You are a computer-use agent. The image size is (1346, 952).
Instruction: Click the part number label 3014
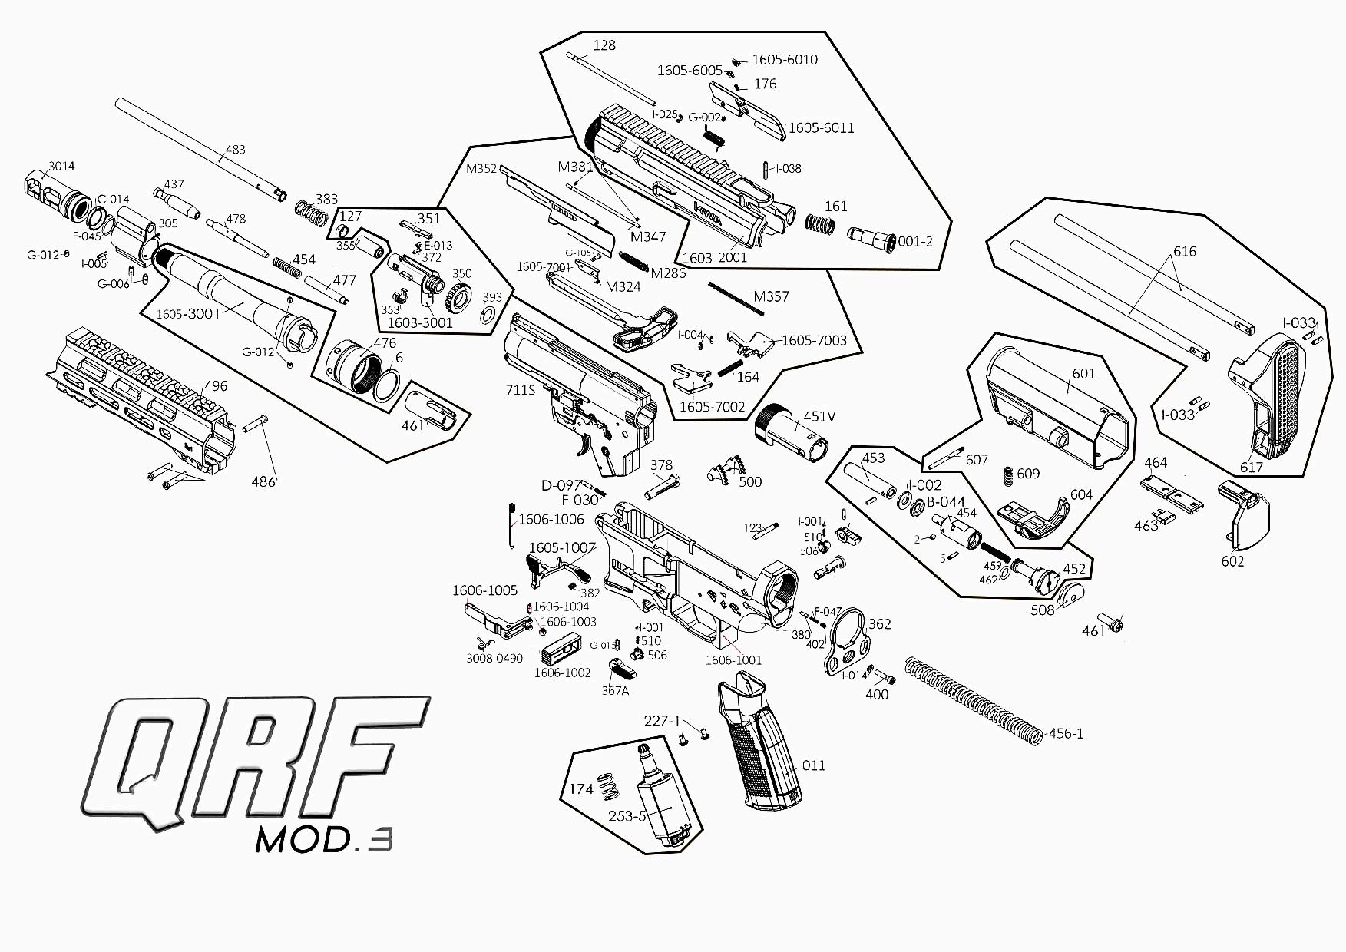[x=61, y=166]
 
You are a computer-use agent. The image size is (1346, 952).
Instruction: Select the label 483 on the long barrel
[x=235, y=149]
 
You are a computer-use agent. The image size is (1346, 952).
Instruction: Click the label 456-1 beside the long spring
[x=1066, y=733]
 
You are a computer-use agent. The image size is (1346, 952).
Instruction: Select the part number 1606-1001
[x=733, y=660]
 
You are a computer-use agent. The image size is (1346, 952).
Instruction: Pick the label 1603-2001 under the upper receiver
[x=714, y=258]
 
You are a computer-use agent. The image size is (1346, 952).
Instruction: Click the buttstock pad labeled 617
[x=1267, y=399]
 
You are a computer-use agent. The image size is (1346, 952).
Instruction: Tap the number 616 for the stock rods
[x=1185, y=252]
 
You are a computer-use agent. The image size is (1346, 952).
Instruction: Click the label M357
[x=771, y=296]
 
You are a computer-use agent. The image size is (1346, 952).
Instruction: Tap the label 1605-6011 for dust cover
[x=821, y=128]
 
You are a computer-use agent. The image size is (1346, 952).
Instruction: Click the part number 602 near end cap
[x=1232, y=561]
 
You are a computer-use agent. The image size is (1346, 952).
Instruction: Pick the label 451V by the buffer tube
[x=819, y=417]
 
